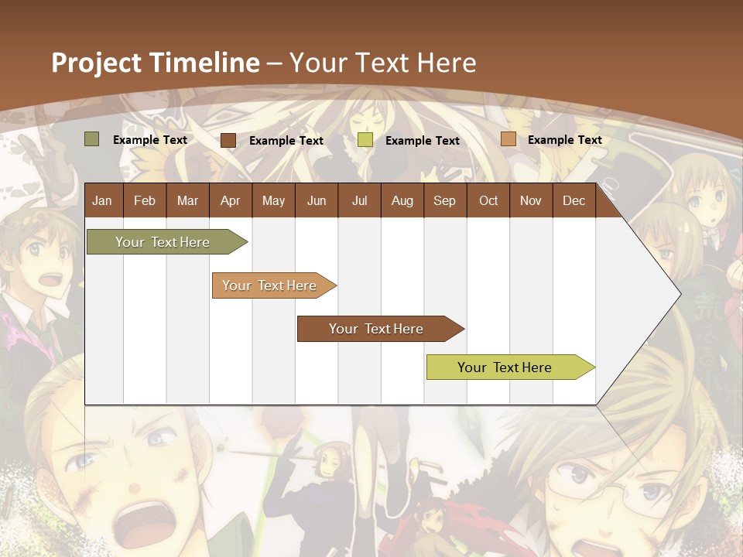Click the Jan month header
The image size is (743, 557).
coord(102,200)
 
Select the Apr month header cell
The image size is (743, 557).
coord(230,200)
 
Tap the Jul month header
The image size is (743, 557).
coord(359,200)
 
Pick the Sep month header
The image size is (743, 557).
coord(444,200)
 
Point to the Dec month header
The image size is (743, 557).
coord(574,200)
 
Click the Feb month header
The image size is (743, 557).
coord(145,200)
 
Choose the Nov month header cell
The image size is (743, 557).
coord(531,200)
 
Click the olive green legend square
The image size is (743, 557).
coord(92,139)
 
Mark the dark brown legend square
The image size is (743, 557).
coord(228,140)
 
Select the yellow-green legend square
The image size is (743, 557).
coord(365,140)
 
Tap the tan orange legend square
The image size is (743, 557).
coord(508,139)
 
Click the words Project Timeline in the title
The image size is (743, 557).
coord(156,63)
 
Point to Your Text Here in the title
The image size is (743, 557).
coord(383,63)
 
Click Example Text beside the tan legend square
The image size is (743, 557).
coord(564,140)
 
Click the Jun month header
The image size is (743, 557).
coord(317,200)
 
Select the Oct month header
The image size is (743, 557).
coord(488,200)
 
